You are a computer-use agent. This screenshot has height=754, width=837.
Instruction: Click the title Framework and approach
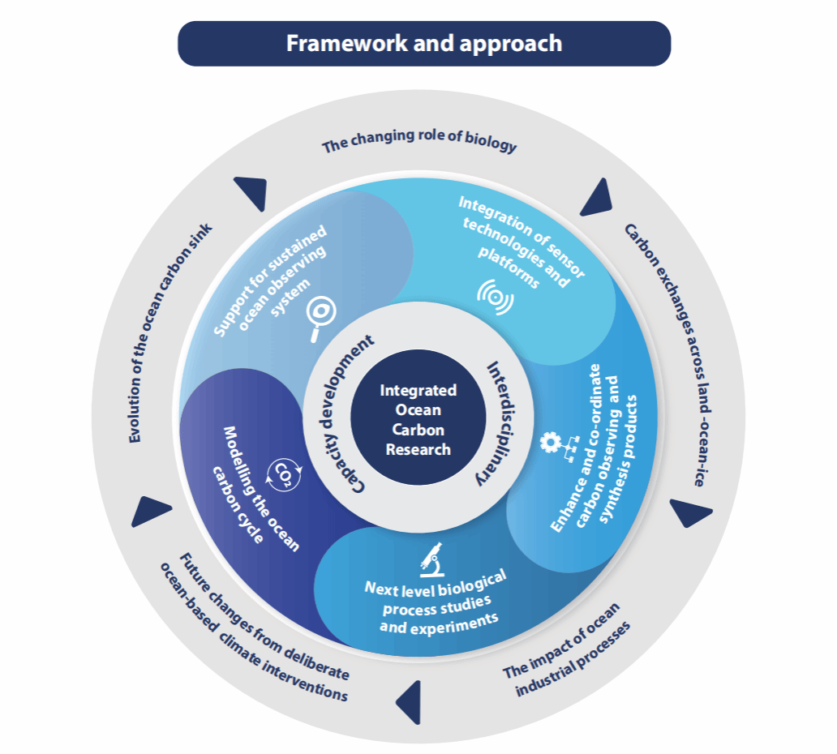(x=423, y=43)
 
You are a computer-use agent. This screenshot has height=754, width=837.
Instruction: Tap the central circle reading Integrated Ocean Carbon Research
(x=418, y=419)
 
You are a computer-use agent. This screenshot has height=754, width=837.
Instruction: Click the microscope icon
(x=431, y=557)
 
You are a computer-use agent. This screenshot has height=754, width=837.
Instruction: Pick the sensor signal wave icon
(x=494, y=297)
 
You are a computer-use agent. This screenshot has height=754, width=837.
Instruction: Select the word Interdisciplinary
(x=496, y=422)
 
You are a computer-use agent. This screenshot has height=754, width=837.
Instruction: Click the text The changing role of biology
(x=418, y=143)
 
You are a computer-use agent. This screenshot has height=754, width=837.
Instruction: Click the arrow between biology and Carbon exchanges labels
(x=595, y=197)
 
